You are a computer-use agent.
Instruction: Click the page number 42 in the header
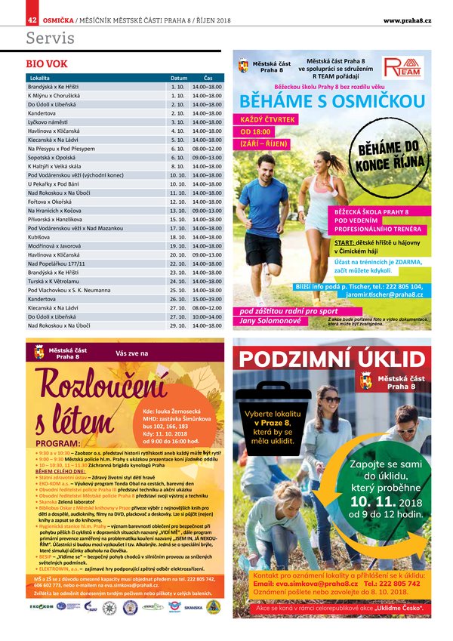pyautogui.click(x=32, y=20)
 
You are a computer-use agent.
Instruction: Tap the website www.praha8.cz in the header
pyautogui.click(x=406, y=20)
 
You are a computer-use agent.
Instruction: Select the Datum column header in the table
pyautogui.click(x=178, y=78)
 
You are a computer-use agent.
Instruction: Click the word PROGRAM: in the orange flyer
pyautogui.click(x=57, y=443)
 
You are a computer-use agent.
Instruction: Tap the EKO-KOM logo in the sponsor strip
pyautogui.click(x=42, y=606)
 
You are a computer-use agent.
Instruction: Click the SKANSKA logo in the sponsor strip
pyautogui.click(x=193, y=606)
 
